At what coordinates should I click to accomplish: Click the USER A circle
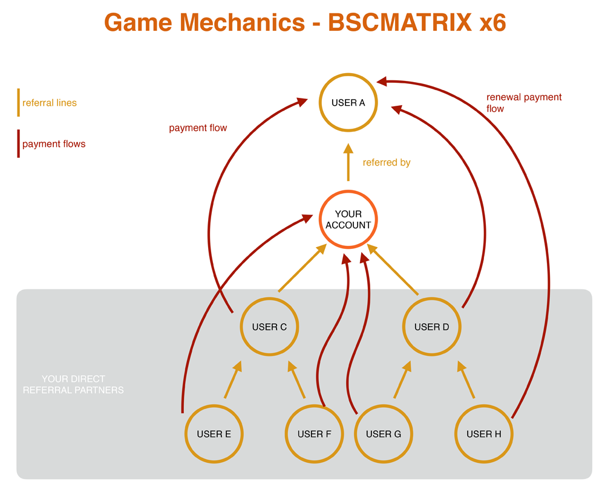click(x=348, y=103)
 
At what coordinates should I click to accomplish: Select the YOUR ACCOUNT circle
click(x=348, y=219)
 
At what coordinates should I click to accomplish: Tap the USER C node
click(x=269, y=327)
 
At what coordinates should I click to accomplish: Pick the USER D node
click(x=431, y=327)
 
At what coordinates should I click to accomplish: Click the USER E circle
click(x=214, y=434)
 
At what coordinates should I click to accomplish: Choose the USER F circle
click(x=315, y=434)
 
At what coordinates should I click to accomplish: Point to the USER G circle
click(x=383, y=434)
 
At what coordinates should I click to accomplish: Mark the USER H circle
click(x=483, y=434)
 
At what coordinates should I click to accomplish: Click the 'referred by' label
click(x=387, y=163)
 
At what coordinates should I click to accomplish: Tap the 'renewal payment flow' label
click(x=523, y=103)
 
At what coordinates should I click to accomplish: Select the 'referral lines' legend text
click(x=50, y=103)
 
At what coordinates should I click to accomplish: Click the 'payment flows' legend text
click(x=54, y=144)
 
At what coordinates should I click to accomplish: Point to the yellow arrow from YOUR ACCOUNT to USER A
click(x=348, y=163)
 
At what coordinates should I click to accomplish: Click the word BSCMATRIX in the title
click(x=400, y=23)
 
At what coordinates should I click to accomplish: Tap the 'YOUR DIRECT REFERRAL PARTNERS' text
click(x=73, y=385)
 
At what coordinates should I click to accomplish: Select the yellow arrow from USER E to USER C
click(x=232, y=380)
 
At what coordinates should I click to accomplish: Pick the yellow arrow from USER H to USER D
click(x=466, y=380)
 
